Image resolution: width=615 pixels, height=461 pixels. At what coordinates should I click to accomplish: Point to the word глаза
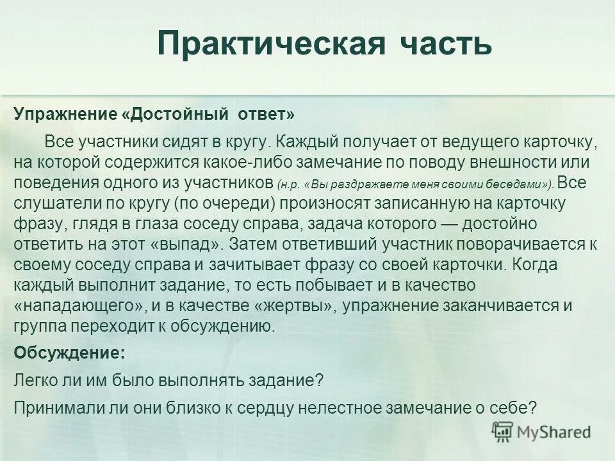coord(152,223)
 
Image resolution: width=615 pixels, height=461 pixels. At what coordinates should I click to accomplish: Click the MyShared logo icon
coord(502,431)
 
